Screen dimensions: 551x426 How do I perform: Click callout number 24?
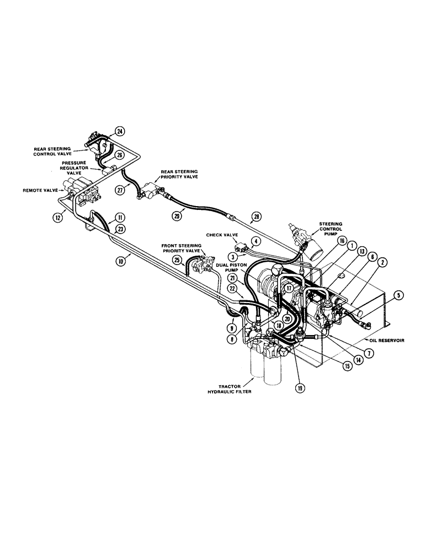tap(120, 131)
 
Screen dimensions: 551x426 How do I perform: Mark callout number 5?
tap(398, 295)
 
